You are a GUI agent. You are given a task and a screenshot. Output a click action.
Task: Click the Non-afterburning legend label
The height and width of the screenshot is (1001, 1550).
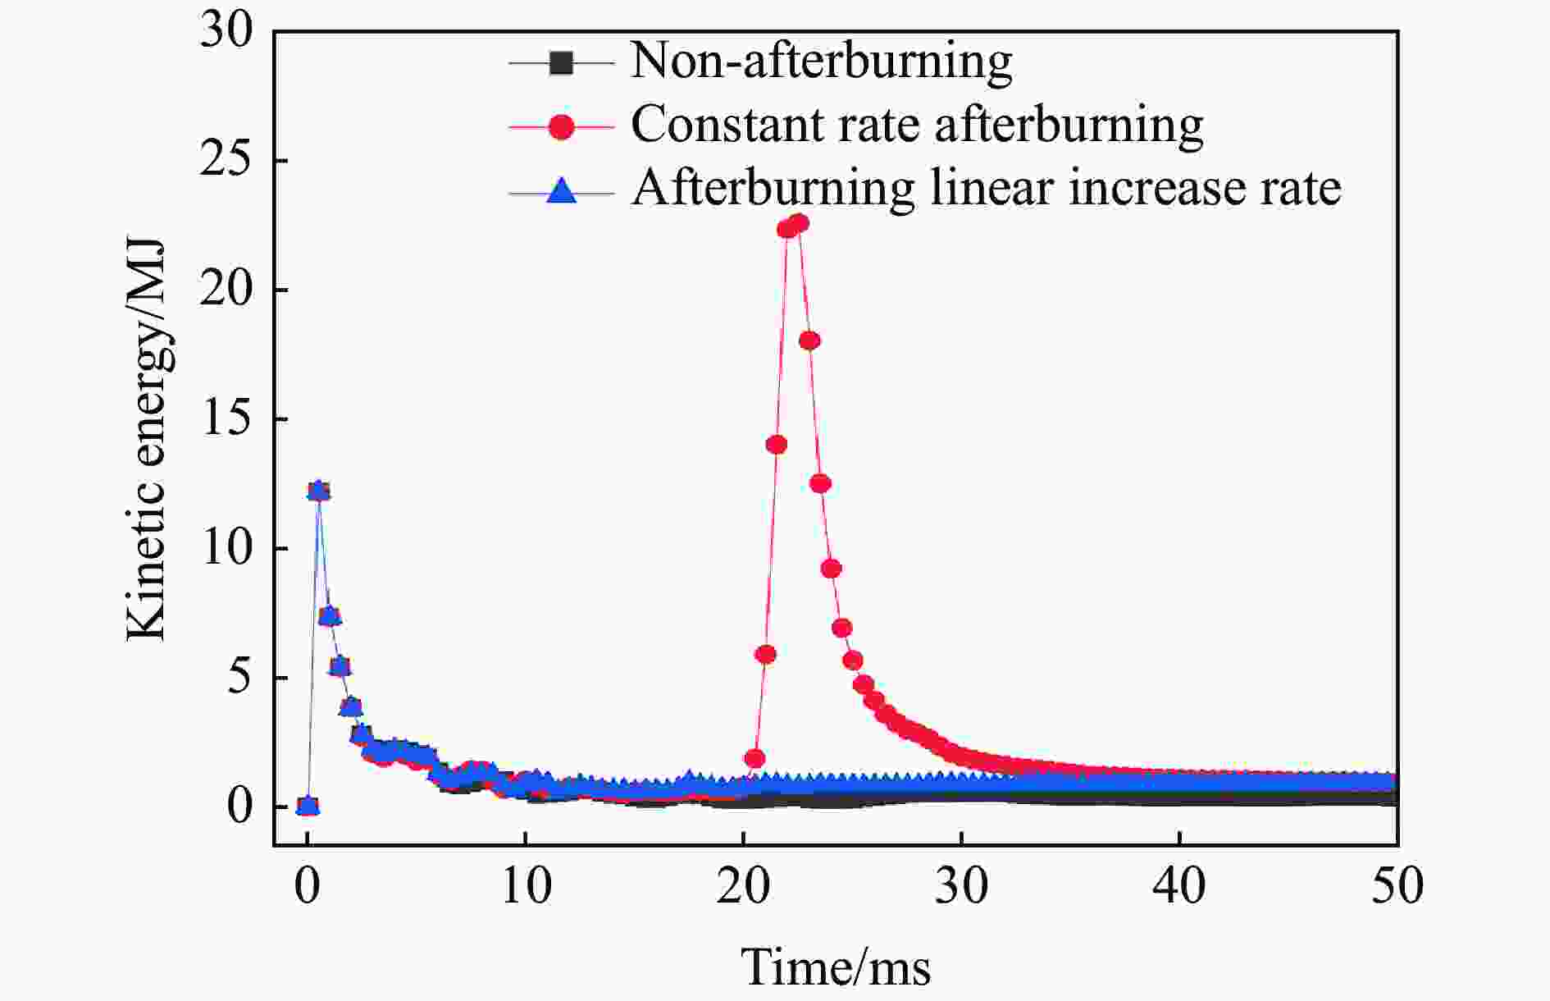click(821, 62)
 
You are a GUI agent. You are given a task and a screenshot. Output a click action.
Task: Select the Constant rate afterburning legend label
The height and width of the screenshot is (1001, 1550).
click(916, 126)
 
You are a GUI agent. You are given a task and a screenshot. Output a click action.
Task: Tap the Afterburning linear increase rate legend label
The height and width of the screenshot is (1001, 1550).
click(985, 189)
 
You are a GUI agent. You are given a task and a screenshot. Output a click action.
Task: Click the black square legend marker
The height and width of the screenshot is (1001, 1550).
click(562, 62)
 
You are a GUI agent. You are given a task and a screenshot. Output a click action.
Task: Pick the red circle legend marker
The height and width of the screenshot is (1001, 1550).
click(562, 126)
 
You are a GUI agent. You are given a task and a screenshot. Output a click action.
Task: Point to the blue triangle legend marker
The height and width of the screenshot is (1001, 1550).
click(562, 190)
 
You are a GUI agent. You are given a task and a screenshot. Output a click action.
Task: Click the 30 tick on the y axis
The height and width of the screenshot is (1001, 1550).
click(226, 33)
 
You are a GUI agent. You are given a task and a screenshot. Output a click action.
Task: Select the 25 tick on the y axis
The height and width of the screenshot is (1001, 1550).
click(226, 161)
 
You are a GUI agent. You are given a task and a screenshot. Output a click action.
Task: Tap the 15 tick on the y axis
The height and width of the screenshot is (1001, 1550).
click(226, 419)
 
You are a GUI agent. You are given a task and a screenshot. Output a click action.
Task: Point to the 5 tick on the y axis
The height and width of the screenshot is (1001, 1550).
click(239, 678)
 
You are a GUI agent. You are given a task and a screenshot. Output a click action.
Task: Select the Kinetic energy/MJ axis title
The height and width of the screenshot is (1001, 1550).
click(148, 441)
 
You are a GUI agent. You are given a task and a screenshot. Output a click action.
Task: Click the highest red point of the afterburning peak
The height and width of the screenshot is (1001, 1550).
click(799, 223)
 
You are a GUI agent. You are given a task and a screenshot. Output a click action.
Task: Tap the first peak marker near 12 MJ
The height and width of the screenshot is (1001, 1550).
click(318, 491)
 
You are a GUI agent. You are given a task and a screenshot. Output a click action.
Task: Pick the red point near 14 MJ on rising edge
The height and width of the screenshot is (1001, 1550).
click(776, 445)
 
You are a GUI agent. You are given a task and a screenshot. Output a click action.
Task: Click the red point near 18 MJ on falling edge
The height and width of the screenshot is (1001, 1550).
click(809, 341)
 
